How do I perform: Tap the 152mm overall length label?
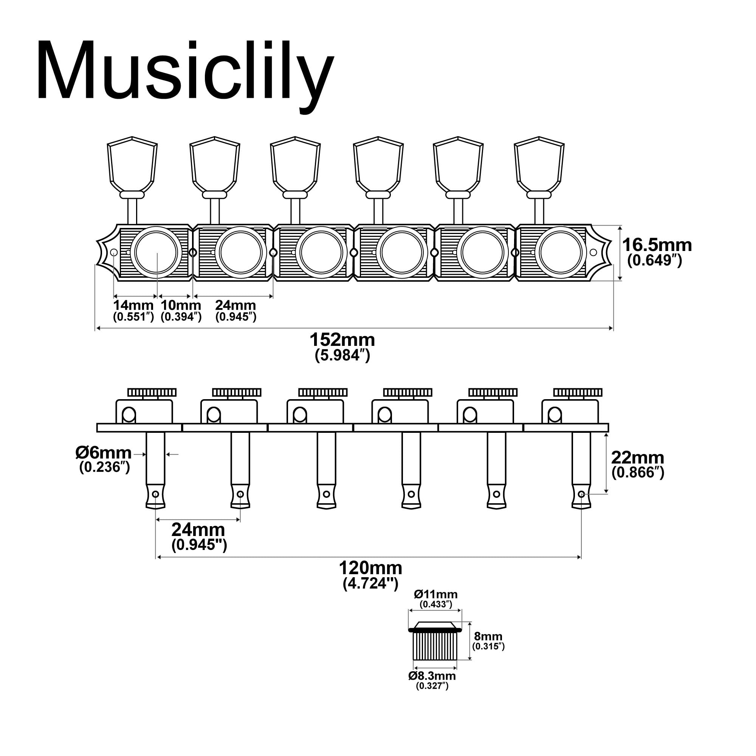tap(342, 340)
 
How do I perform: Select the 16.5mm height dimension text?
tap(657, 245)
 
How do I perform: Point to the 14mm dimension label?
tap(133, 305)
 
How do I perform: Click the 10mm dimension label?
tap(181, 305)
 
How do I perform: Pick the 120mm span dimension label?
tap(370, 568)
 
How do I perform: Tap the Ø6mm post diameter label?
tap(104, 453)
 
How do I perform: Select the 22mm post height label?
tap(638, 458)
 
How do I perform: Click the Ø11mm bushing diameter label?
tap(436, 594)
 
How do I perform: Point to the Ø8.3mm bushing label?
tap(432, 676)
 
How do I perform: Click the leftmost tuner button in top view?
tap(132, 166)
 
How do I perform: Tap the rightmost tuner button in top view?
tap(539, 166)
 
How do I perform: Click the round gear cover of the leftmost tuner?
tap(156, 253)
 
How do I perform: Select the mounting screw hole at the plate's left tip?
tap(114, 253)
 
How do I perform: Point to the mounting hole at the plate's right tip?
tap(593, 253)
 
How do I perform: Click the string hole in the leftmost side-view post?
tap(155, 494)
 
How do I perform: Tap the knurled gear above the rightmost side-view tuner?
tap(578, 392)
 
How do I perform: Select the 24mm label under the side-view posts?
tap(198, 530)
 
